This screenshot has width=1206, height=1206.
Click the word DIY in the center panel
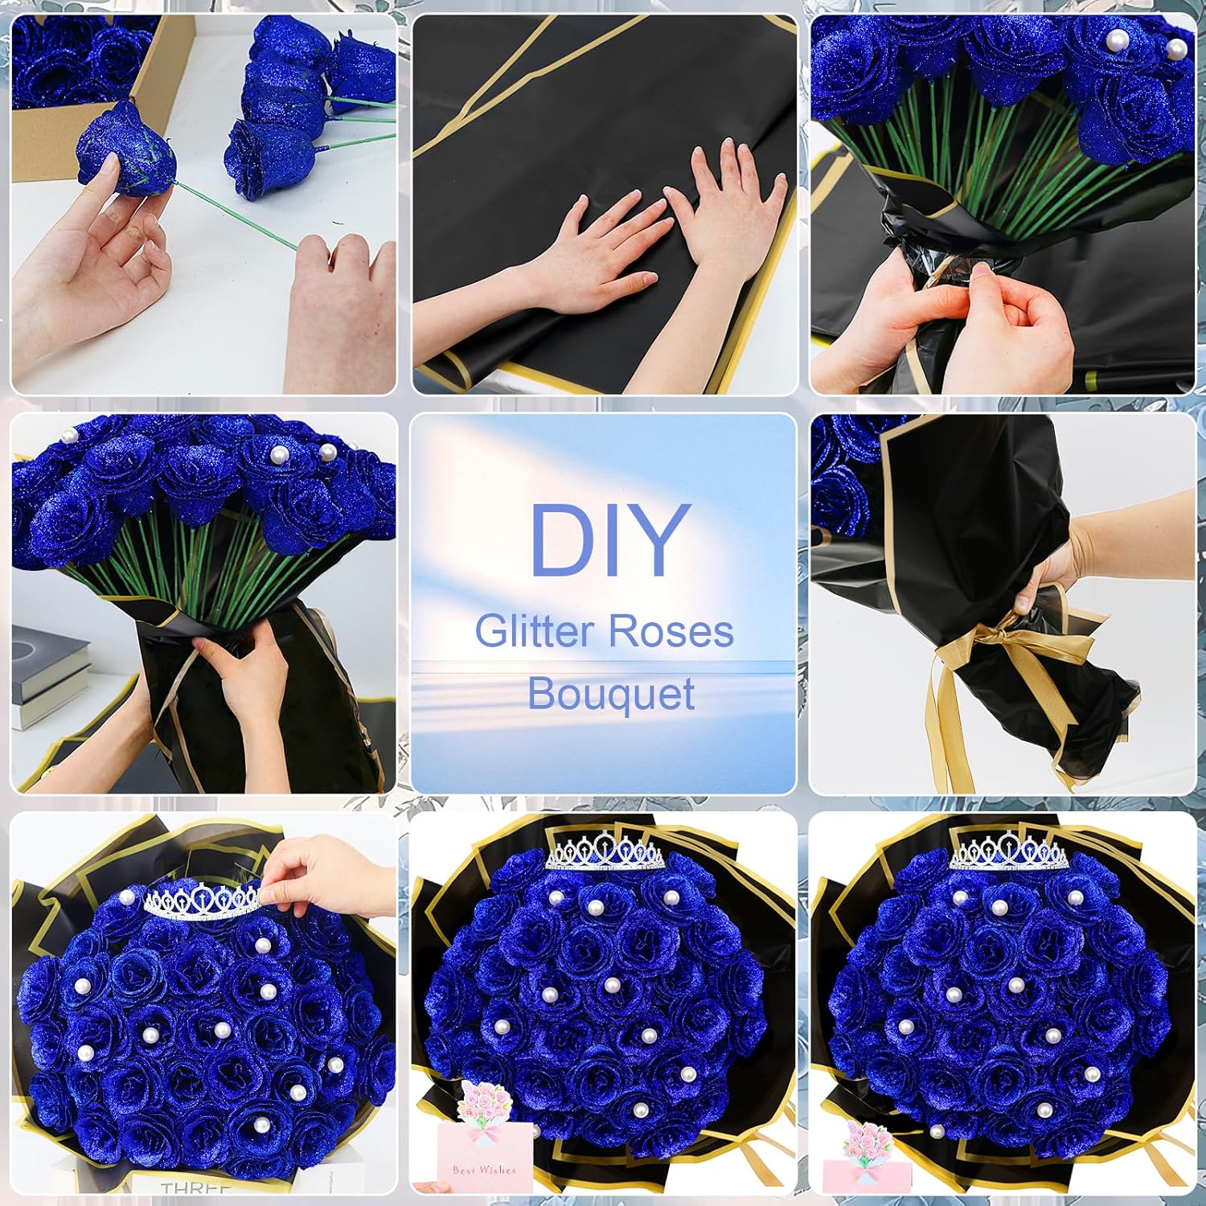pos(609,540)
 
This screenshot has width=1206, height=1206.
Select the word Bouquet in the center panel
pos(611,693)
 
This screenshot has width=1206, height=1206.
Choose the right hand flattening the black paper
pos(724,209)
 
